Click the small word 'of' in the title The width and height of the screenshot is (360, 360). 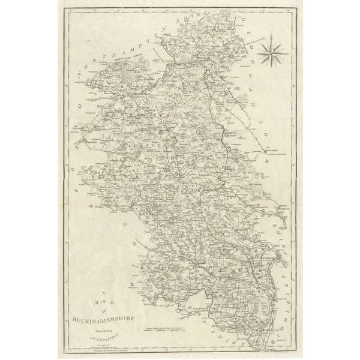pos(103,311)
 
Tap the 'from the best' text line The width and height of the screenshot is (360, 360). pos(103,327)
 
